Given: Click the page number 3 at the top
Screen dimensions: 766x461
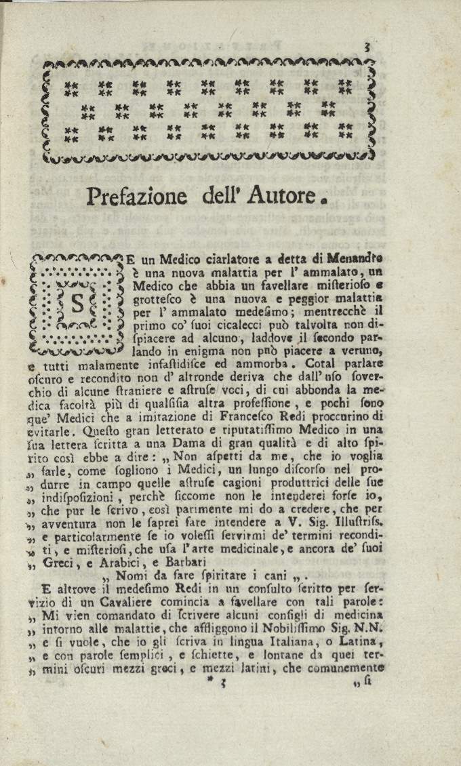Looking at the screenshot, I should tap(365, 46).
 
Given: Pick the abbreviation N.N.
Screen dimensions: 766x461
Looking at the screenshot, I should tap(368, 626).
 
